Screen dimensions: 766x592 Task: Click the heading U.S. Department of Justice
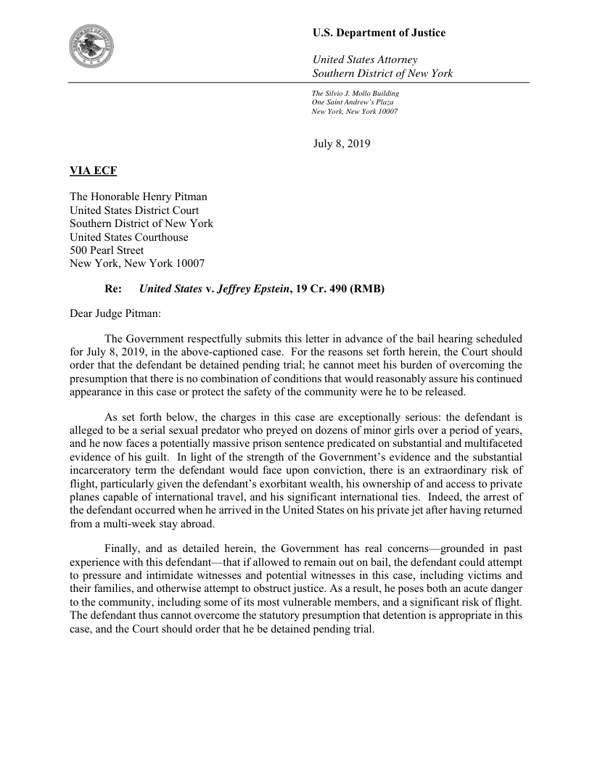(x=379, y=33)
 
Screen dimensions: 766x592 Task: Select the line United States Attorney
(x=364, y=59)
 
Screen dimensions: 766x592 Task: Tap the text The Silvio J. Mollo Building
(x=355, y=94)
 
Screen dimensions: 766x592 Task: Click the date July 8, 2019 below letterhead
(x=342, y=144)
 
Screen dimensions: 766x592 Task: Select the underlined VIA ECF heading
(x=93, y=171)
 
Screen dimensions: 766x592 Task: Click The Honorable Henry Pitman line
(x=139, y=197)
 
